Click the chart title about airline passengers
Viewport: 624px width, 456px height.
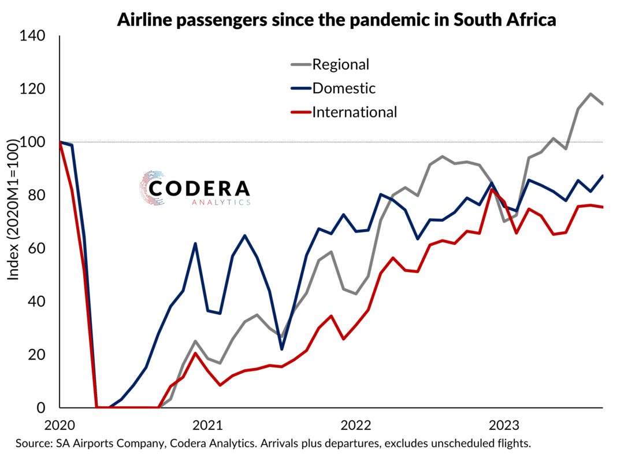(x=336, y=20)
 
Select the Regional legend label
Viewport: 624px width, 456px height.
(x=340, y=64)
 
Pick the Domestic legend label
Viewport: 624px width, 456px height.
(x=344, y=88)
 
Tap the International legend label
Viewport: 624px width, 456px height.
(x=354, y=112)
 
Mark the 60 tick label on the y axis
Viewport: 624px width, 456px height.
(x=39, y=249)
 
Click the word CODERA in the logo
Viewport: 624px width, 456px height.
(x=199, y=188)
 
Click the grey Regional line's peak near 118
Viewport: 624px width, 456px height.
(x=590, y=94)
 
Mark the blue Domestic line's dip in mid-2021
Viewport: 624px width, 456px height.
(x=281, y=349)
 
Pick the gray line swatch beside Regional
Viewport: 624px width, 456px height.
(x=299, y=64)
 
